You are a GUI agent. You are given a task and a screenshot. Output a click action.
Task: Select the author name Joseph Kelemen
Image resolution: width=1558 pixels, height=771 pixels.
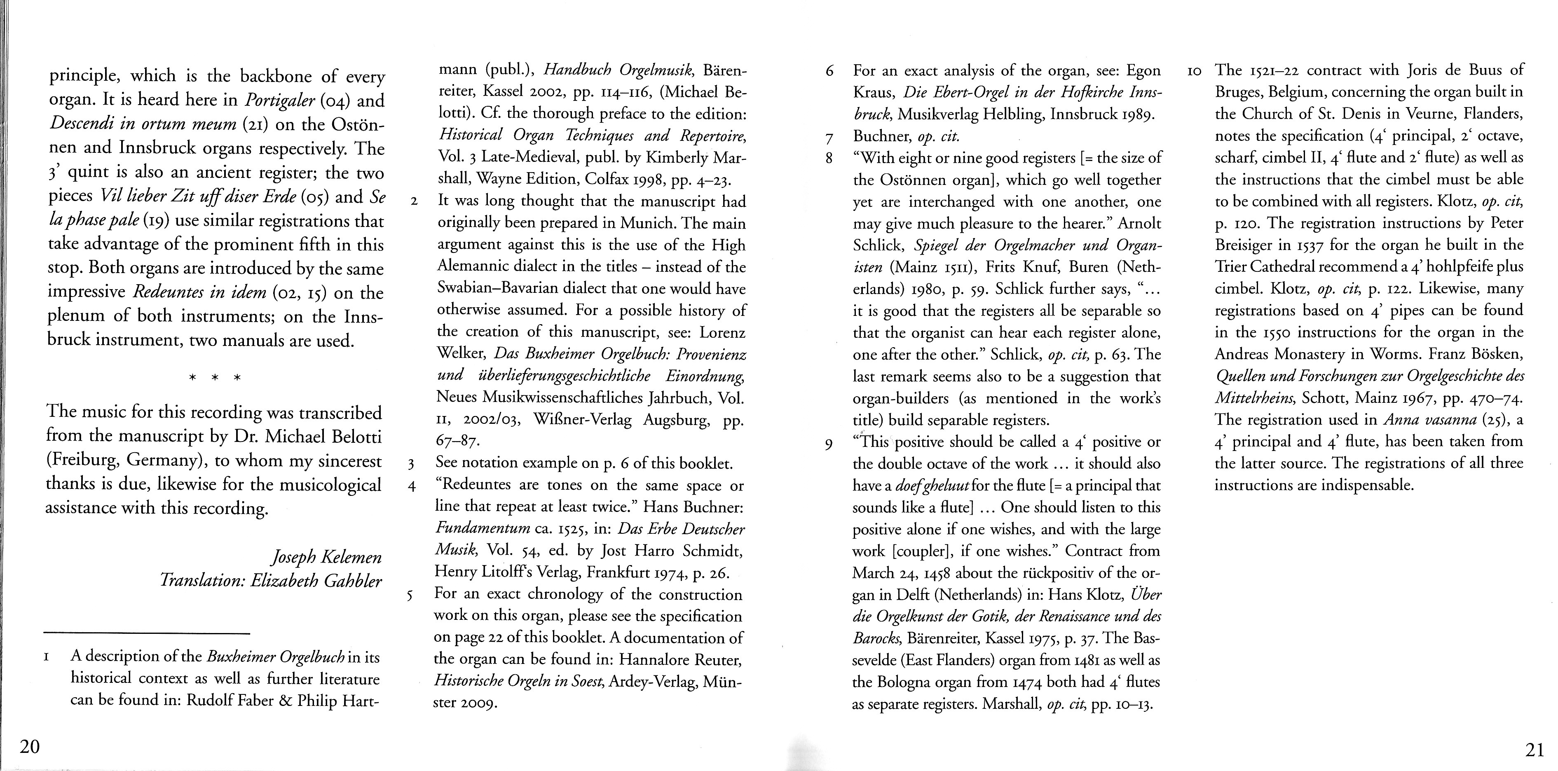(327, 556)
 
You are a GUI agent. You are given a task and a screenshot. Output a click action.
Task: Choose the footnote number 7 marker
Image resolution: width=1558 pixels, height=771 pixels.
(829, 137)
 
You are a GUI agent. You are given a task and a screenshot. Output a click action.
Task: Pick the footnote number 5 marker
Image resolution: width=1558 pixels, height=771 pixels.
(410, 594)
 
